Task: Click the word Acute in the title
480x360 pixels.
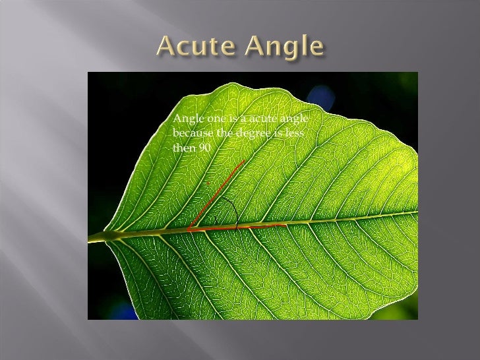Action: tap(195, 47)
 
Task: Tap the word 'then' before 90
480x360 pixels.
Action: tap(183, 148)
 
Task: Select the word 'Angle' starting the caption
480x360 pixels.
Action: tap(185, 119)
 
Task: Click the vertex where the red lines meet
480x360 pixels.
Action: tap(188, 229)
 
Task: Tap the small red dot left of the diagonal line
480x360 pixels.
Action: tap(207, 183)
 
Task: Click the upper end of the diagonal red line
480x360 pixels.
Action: tap(245, 160)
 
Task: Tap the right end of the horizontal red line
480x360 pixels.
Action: tap(285, 225)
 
